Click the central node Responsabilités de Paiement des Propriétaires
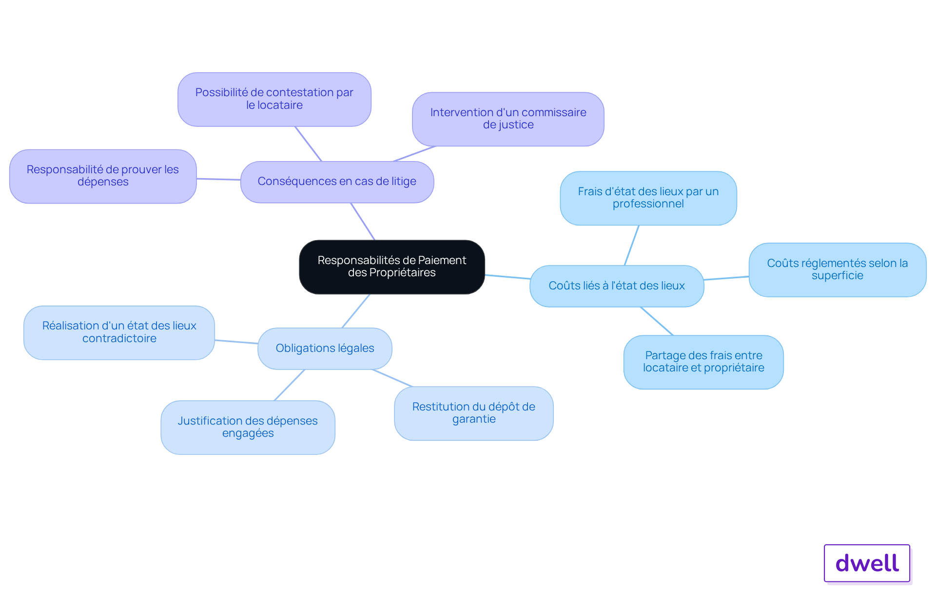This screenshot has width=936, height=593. coord(392,266)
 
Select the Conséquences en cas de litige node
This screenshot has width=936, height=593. coord(337,182)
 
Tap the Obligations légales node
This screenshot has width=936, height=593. coord(325,348)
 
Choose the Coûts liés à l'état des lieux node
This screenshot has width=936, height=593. coord(617,286)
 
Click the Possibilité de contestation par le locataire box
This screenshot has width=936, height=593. coord(274,99)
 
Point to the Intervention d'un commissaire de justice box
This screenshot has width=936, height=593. coord(508,119)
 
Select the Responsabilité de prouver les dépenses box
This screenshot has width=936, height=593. coord(103,176)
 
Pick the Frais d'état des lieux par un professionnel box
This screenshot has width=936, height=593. coord(648,198)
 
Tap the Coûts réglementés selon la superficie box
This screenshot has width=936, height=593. coord(838,270)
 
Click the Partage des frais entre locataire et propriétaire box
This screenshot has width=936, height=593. coord(703,362)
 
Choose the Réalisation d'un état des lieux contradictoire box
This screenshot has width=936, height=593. coord(119,332)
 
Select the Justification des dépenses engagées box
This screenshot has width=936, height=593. coord(248,428)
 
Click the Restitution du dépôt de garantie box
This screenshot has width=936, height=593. coord(474,413)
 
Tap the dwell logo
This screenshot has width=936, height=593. coord(867,563)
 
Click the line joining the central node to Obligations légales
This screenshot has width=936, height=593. coord(356,311)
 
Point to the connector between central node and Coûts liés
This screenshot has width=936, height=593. coord(507,277)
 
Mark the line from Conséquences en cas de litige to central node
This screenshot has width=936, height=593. coord(363,222)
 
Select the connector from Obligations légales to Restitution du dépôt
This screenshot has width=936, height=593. coord(392,378)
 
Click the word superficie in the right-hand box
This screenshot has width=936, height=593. coord(837,276)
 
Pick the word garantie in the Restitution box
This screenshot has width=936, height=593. coord(474,419)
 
